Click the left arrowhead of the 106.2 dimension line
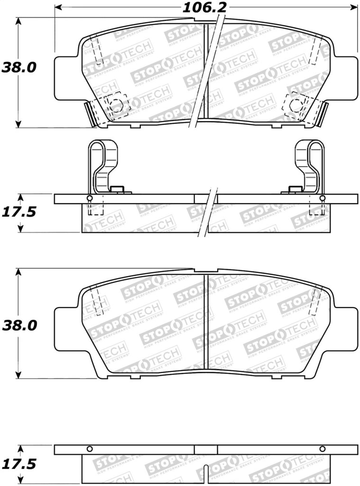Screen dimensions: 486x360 pos(58,7)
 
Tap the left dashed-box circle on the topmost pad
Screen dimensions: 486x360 pos(116,105)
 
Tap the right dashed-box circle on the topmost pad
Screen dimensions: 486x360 pos(296,105)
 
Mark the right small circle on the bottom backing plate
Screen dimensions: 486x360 pos(323,449)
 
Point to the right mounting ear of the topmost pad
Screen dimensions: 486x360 pos(348,79)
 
